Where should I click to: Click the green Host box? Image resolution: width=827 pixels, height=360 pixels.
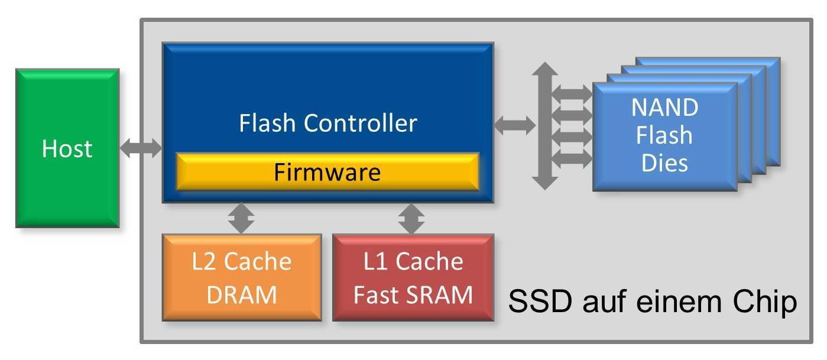tap(67, 148)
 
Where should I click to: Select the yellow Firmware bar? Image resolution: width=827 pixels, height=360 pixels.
tap(327, 172)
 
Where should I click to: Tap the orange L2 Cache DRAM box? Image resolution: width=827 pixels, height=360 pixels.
tap(242, 277)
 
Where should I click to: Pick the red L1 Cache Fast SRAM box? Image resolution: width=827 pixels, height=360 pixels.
tap(413, 277)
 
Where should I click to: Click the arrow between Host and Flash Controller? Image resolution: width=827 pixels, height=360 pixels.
tap(141, 148)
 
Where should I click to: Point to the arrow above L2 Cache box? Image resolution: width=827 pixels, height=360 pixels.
tap(242, 218)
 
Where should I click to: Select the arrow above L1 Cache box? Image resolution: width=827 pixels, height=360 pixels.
tap(411, 218)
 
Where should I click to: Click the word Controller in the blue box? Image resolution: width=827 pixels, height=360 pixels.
tap(361, 124)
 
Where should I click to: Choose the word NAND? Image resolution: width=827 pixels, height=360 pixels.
tap(664, 108)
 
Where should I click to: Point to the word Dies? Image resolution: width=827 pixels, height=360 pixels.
tap(664, 162)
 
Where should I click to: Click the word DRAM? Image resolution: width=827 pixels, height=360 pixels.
tap(242, 294)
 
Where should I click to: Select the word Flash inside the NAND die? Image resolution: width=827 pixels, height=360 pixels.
tap(664, 135)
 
